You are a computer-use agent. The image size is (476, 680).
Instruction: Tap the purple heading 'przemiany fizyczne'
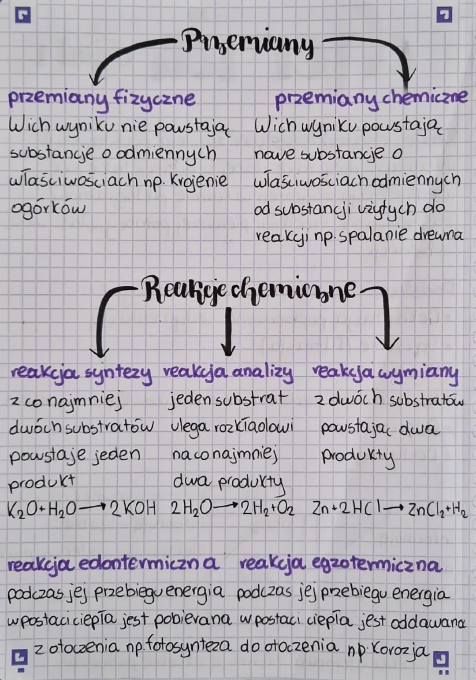[x=101, y=99]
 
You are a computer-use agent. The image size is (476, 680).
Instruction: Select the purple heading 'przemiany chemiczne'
[x=370, y=98]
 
